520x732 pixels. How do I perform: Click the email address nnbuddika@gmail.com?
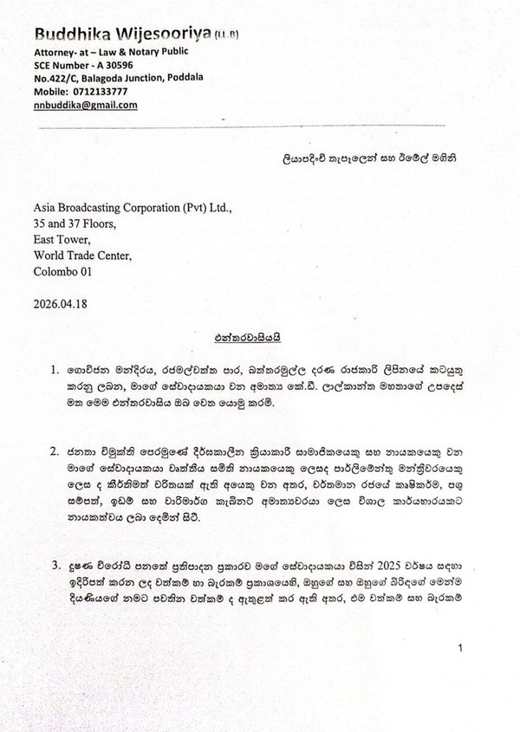pos(85,104)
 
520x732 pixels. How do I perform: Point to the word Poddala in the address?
pos(182,77)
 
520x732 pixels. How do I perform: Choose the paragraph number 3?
pos(55,566)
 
